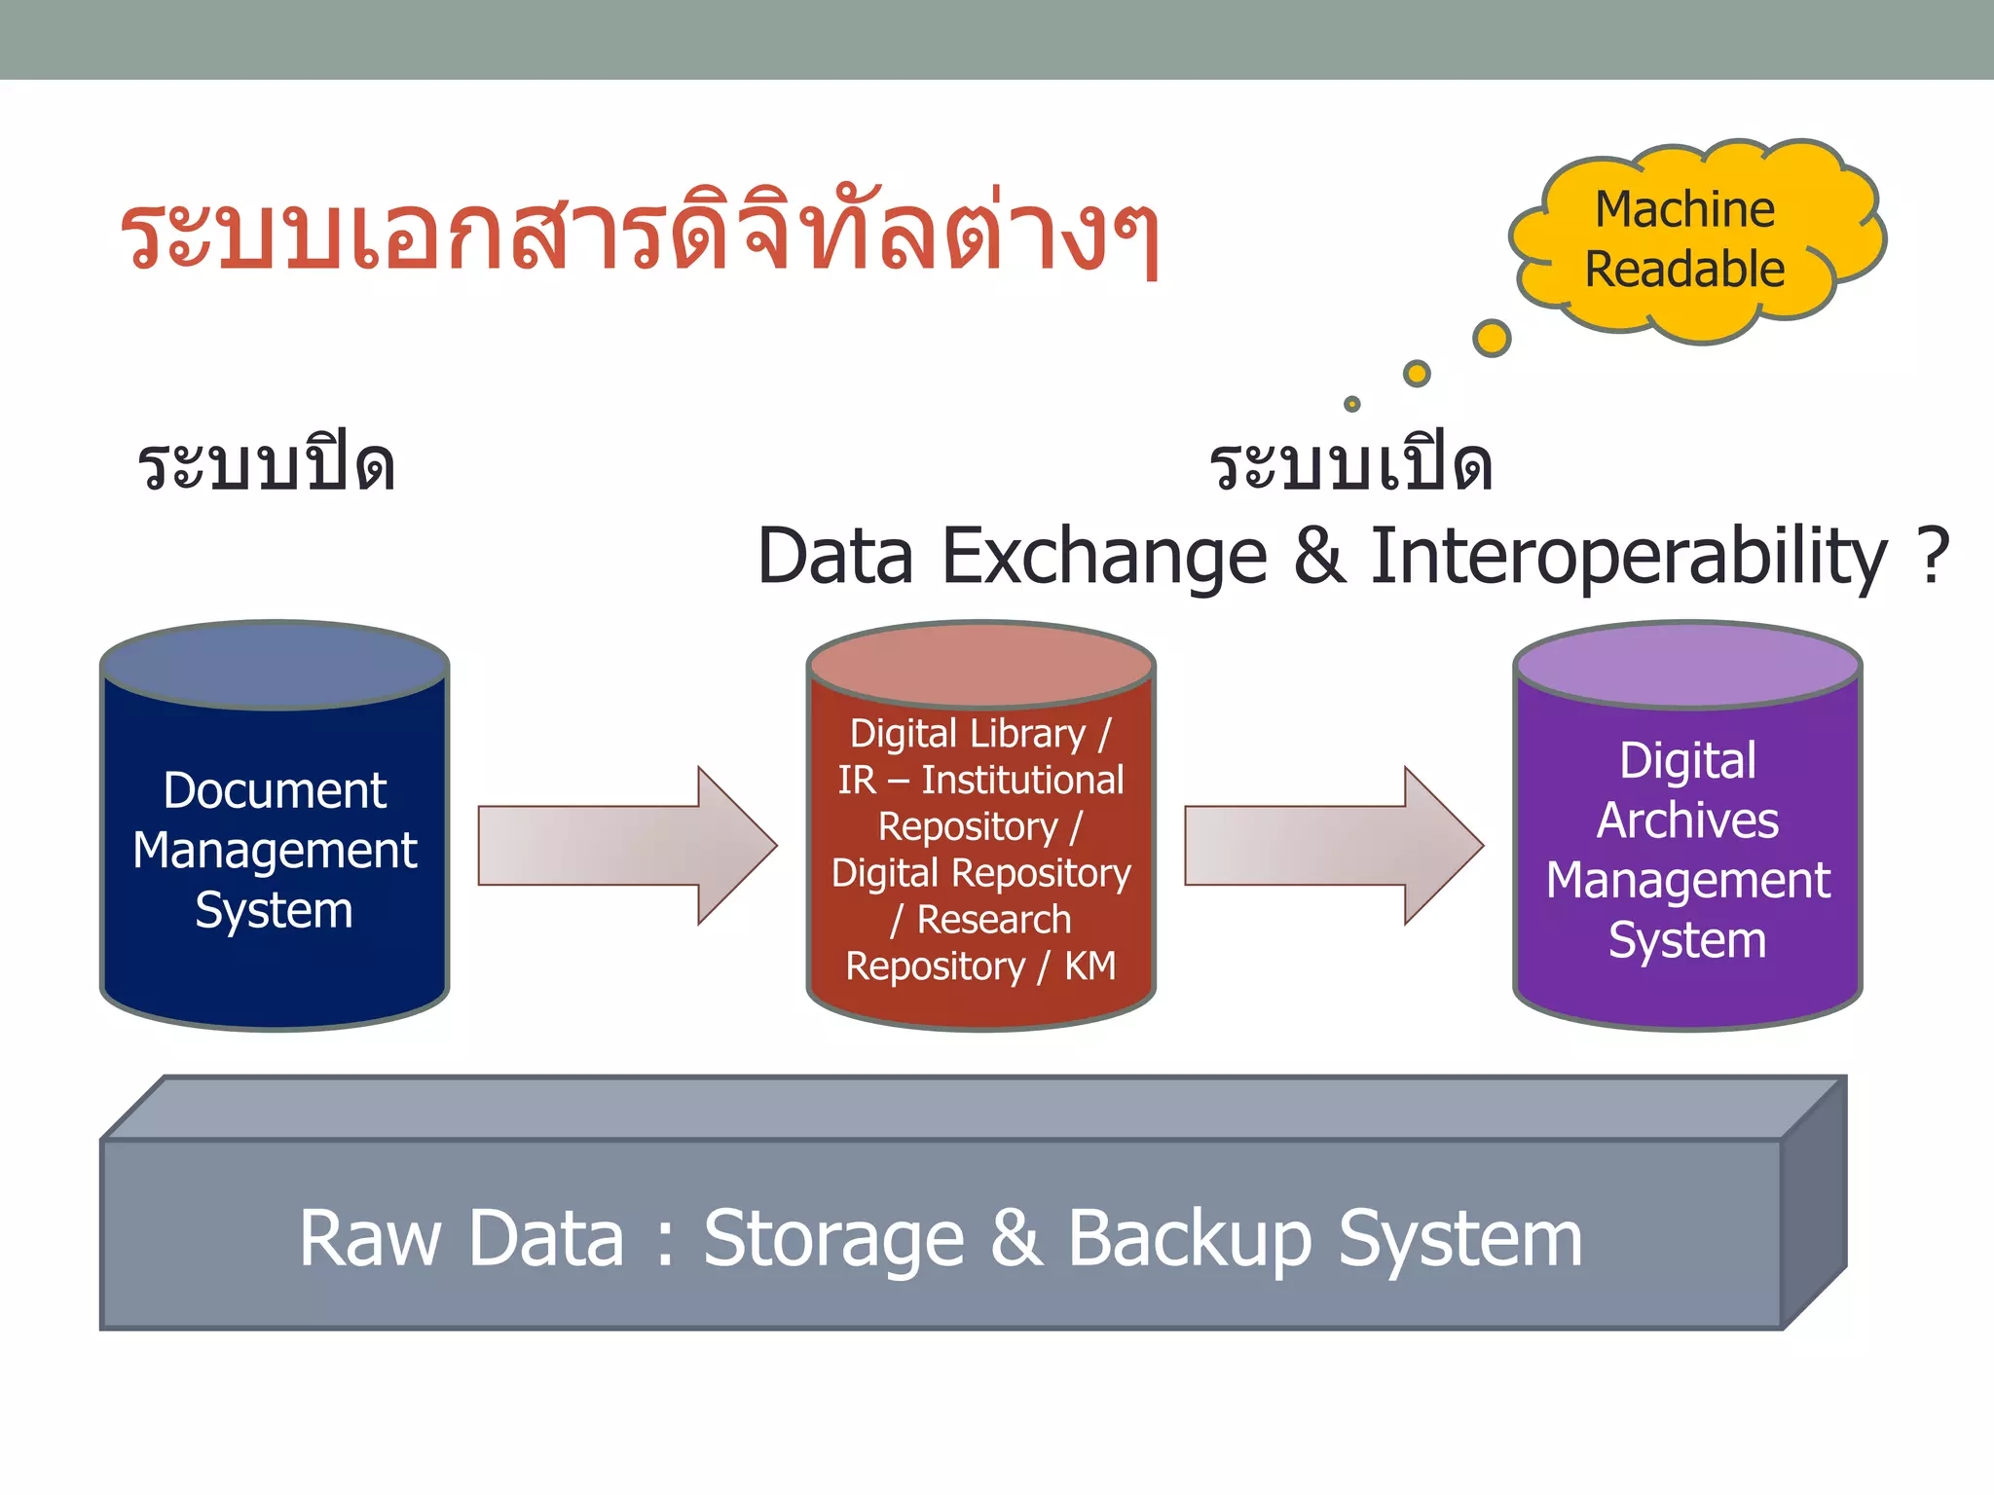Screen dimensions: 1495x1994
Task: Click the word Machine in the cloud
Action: coord(1684,209)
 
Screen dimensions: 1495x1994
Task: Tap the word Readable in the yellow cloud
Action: coord(1684,270)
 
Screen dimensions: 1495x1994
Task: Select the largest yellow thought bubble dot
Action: coord(1492,338)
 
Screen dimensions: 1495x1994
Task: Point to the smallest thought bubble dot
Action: coord(1351,403)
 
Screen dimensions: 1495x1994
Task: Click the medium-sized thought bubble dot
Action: coord(1417,373)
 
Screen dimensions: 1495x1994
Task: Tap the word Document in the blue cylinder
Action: coord(275,790)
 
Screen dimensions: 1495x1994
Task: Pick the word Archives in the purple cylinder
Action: coord(1687,820)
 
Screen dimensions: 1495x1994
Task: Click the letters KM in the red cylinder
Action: coord(1089,966)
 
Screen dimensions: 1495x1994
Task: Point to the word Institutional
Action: coord(1022,780)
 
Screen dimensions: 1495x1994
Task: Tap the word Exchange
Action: coord(1104,557)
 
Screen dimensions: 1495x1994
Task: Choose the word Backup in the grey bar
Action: coord(1190,1239)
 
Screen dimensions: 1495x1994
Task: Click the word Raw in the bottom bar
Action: coord(370,1239)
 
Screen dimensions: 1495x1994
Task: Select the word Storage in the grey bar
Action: coord(833,1239)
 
